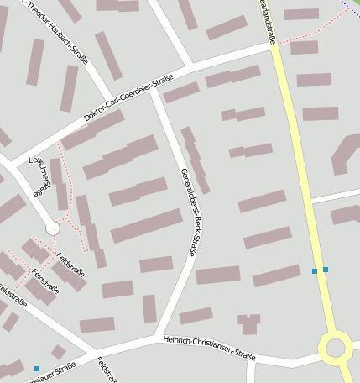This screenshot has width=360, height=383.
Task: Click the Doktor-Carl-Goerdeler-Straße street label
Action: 128,98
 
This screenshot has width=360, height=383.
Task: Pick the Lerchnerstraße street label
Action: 39,176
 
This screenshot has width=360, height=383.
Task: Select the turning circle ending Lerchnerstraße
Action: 53,228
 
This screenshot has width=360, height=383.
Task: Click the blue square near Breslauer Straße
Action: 37,369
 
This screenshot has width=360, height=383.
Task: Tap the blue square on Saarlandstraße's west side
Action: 315,271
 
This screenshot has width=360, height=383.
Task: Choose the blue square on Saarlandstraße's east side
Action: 326,269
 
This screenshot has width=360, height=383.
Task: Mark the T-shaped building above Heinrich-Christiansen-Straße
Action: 248,323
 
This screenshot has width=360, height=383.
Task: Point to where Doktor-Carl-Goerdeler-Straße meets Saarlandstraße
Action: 274,46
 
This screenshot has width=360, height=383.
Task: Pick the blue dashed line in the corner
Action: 352,8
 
